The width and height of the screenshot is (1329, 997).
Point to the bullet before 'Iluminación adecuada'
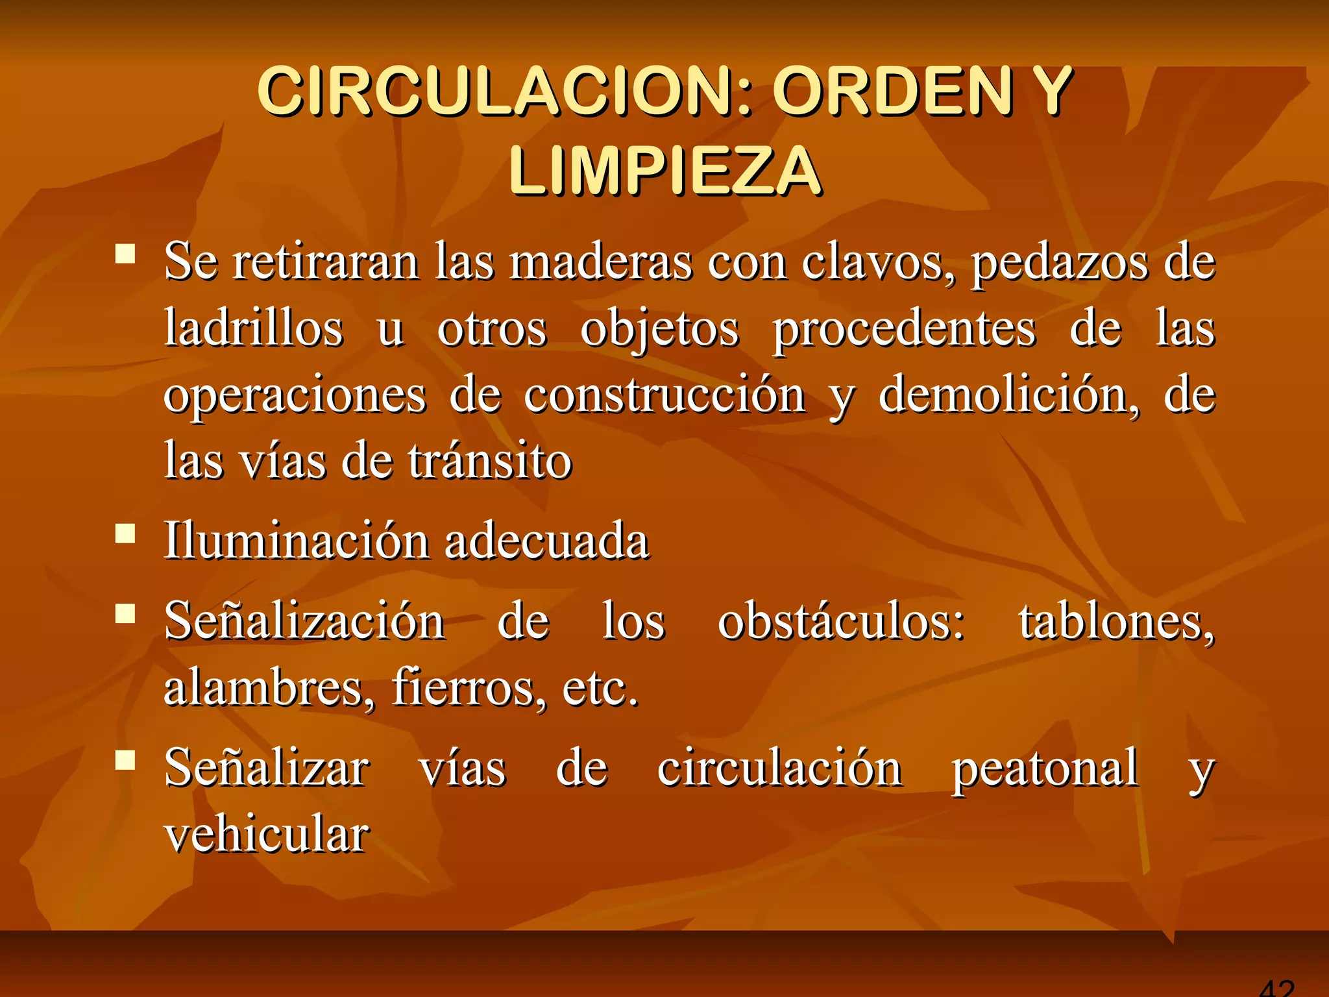[125, 534]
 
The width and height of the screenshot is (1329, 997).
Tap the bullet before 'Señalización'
[125, 614]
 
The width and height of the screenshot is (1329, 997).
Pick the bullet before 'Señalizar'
[125, 760]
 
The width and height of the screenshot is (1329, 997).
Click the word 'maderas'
[601, 262]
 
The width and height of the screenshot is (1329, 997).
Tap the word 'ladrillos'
[254, 328]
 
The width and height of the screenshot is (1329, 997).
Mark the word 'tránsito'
[490, 461]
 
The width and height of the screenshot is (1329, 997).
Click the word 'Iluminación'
[296, 541]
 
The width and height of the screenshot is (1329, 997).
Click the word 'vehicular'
[267, 834]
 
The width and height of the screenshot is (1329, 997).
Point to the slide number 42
[1276, 988]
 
